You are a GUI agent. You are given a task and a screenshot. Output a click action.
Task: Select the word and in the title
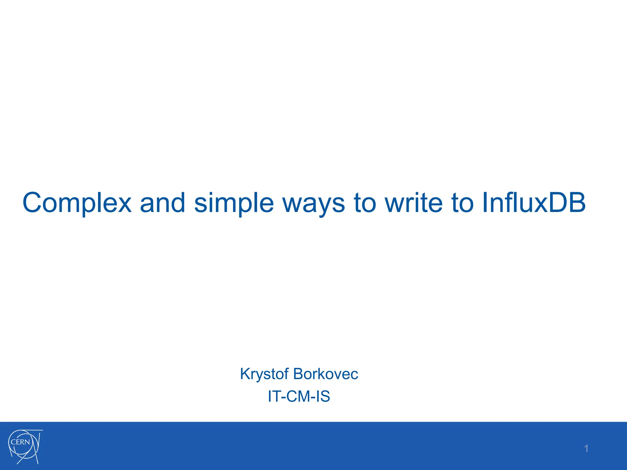pos(163,203)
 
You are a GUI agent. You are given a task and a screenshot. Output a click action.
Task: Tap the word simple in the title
pos(234,203)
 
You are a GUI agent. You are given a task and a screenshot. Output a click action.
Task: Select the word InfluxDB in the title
pos(534,203)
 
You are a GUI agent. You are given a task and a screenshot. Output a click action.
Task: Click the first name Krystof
pos(264,374)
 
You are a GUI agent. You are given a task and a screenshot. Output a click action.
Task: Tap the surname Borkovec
pos(325,374)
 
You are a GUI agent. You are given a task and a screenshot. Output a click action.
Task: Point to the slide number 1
pos(586,449)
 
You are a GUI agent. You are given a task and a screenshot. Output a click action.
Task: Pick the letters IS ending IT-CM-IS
pos(323,396)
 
